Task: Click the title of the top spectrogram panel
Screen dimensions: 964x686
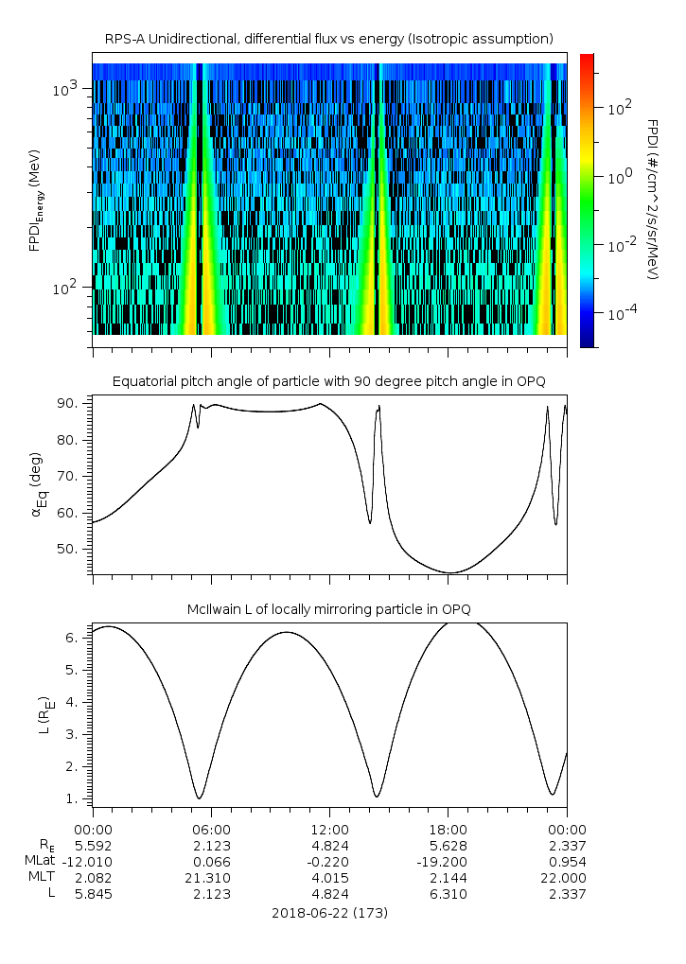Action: click(328, 38)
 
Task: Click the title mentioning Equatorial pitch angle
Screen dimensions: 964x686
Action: click(328, 381)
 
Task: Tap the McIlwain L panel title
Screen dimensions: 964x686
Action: click(328, 607)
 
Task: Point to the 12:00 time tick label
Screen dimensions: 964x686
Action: click(329, 828)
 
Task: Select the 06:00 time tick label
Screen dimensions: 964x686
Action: click(211, 828)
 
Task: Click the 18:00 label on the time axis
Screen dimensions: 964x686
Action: click(448, 828)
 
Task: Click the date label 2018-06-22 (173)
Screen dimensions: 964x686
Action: click(329, 913)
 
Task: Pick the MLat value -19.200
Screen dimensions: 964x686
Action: click(448, 862)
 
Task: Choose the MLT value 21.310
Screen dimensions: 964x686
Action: click(211, 878)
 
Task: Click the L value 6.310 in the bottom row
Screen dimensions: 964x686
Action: click(448, 894)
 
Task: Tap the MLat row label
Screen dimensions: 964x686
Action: click(43, 862)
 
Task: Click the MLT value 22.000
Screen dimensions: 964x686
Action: click(566, 878)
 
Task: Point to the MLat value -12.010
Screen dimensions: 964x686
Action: click(92, 862)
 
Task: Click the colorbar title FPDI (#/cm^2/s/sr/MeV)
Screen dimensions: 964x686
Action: click(652, 200)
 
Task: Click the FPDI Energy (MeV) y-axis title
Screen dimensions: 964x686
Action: click(35, 200)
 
